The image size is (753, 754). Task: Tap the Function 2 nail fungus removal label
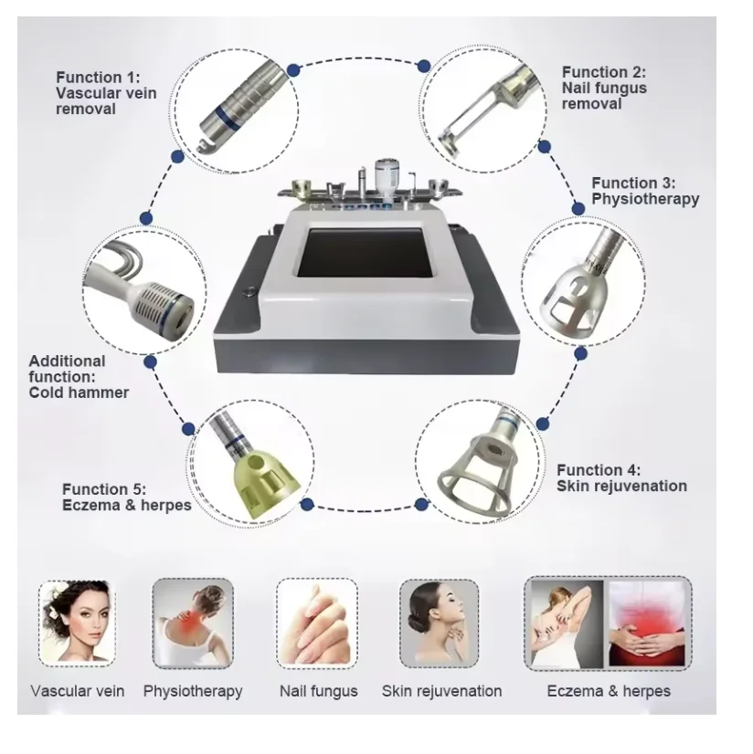tap(604, 88)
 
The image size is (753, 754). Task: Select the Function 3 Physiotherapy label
tap(645, 191)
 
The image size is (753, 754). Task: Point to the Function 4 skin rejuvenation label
tap(621, 477)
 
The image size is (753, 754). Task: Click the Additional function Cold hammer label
tap(79, 376)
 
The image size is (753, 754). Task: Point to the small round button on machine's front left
tap(247, 293)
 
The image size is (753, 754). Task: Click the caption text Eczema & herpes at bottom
tap(608, 691)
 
